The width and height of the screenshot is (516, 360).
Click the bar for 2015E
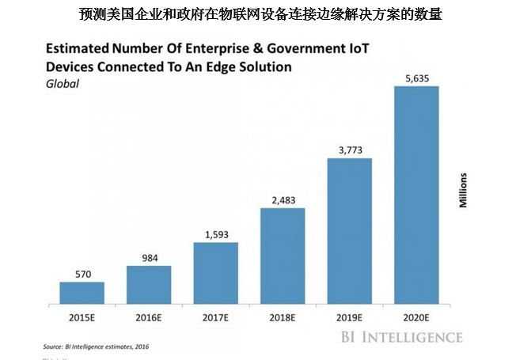(x=82, y=293)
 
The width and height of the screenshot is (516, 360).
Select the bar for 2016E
(x=149, y=284)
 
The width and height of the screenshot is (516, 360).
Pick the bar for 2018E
(x=283, y=256)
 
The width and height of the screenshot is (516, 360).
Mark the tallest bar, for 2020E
(x=416, y=195)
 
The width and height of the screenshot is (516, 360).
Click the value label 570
(x=82, y=274)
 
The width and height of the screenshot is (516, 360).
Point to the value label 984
(x=149, y=258)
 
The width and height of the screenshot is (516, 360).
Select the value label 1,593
(x=216, y=234)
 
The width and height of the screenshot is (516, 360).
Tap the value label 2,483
(x=283, y=200)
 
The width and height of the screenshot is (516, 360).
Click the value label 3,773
(x=350, y=150)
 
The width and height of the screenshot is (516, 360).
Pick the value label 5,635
(x=416, y=78)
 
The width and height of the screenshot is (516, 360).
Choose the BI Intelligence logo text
(x=402, y=338)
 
